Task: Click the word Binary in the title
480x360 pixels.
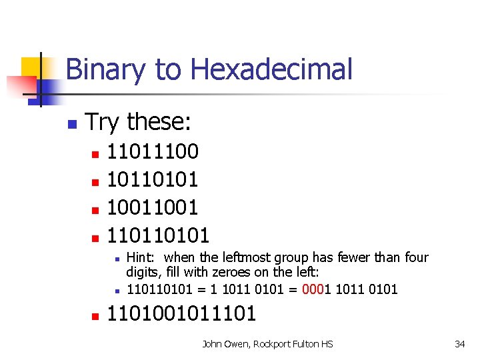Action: (105, 69)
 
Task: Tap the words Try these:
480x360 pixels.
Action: (139, 122)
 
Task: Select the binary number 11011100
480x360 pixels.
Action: (153, 151)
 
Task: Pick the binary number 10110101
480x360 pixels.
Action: (153, 179)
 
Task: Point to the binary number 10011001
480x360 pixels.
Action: (153, 207)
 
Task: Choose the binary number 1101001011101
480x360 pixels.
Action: (181, 314)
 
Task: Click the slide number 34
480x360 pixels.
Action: (459, 344)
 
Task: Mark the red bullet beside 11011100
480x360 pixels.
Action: (95, 154)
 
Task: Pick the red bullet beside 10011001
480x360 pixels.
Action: (95, 209)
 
